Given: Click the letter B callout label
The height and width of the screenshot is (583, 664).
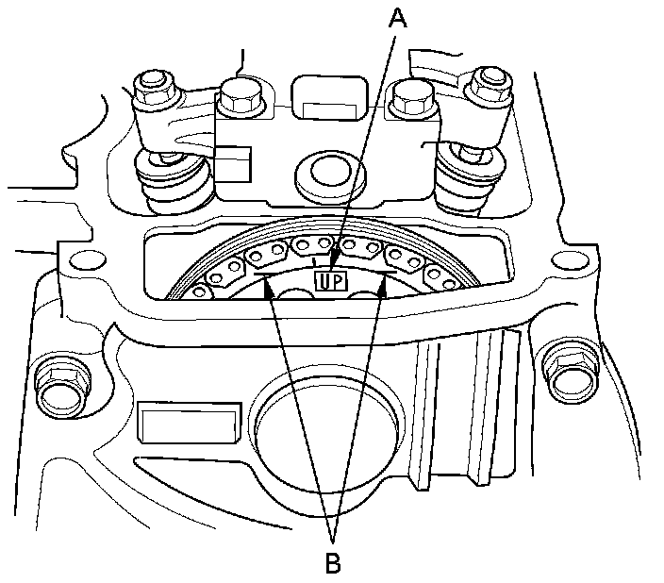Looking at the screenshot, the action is click(x=332, y=563).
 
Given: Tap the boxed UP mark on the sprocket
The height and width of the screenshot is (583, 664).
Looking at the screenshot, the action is click(x=329, y=280).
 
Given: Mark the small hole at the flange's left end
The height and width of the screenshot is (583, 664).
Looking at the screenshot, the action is click(x=87, y=260).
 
